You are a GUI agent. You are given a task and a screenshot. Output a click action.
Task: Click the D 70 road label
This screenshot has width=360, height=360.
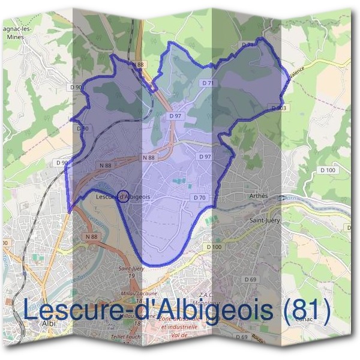point(200,197)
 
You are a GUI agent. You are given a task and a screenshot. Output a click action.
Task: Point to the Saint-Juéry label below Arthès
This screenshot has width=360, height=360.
point(265,221)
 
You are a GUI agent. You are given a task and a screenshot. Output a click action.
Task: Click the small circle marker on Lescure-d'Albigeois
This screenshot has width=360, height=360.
point(123,196)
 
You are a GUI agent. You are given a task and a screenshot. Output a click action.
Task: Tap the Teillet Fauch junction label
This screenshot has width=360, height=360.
point(126,338)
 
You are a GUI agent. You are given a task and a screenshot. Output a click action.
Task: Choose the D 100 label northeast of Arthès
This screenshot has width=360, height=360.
point(328,171)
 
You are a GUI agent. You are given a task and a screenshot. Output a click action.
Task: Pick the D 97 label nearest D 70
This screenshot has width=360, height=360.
point(205,157)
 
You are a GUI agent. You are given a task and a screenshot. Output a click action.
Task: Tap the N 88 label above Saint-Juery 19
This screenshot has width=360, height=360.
point(91,237)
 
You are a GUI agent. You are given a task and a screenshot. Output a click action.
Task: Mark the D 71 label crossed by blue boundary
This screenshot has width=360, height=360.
point(248,44)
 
